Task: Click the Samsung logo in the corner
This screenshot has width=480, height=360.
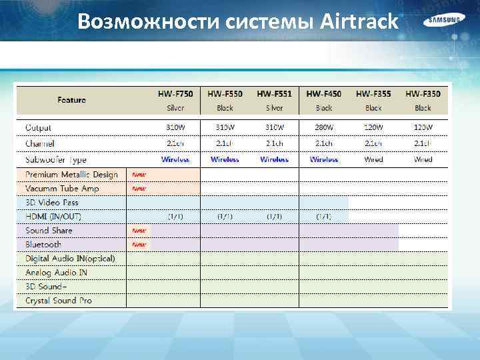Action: click(x=443, y=20)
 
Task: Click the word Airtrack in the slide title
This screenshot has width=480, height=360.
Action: click(x=359, y=22)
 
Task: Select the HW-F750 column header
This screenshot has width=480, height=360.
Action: click(x=175, y=94)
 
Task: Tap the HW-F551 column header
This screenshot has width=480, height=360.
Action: click(x=275, y=94)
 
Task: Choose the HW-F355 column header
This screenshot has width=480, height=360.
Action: click(x=373, y=94)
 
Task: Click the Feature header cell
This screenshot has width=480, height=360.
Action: click(x=71, y=100)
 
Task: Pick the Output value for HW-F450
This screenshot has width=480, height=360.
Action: click(x=324, y=127)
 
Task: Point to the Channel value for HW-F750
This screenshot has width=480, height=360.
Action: click(x=175, y=143)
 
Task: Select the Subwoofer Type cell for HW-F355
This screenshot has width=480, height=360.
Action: click(x=373, y=159)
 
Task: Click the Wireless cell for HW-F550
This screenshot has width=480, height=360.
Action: click(x=225, y=159)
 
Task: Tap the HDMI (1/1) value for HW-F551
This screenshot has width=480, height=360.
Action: click(x=275, y=217)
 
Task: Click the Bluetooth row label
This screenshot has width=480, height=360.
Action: click(x=43, y=245)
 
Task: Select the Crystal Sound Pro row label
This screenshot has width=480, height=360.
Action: click(x=59, y=301)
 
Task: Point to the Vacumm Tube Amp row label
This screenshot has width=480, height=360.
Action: click(x=62, y=189)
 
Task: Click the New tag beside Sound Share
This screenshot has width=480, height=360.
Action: click(x=139, y=231)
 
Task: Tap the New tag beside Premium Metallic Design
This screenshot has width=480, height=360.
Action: click(x=139, y=175)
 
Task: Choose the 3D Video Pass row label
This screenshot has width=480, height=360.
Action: click(x=52, y=203)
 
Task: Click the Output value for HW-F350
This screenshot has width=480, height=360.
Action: click(x=423, y=127)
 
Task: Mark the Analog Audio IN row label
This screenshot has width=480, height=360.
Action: click(x=56, y=273)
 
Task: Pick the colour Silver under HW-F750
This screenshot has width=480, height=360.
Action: click(x=175, y=108)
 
